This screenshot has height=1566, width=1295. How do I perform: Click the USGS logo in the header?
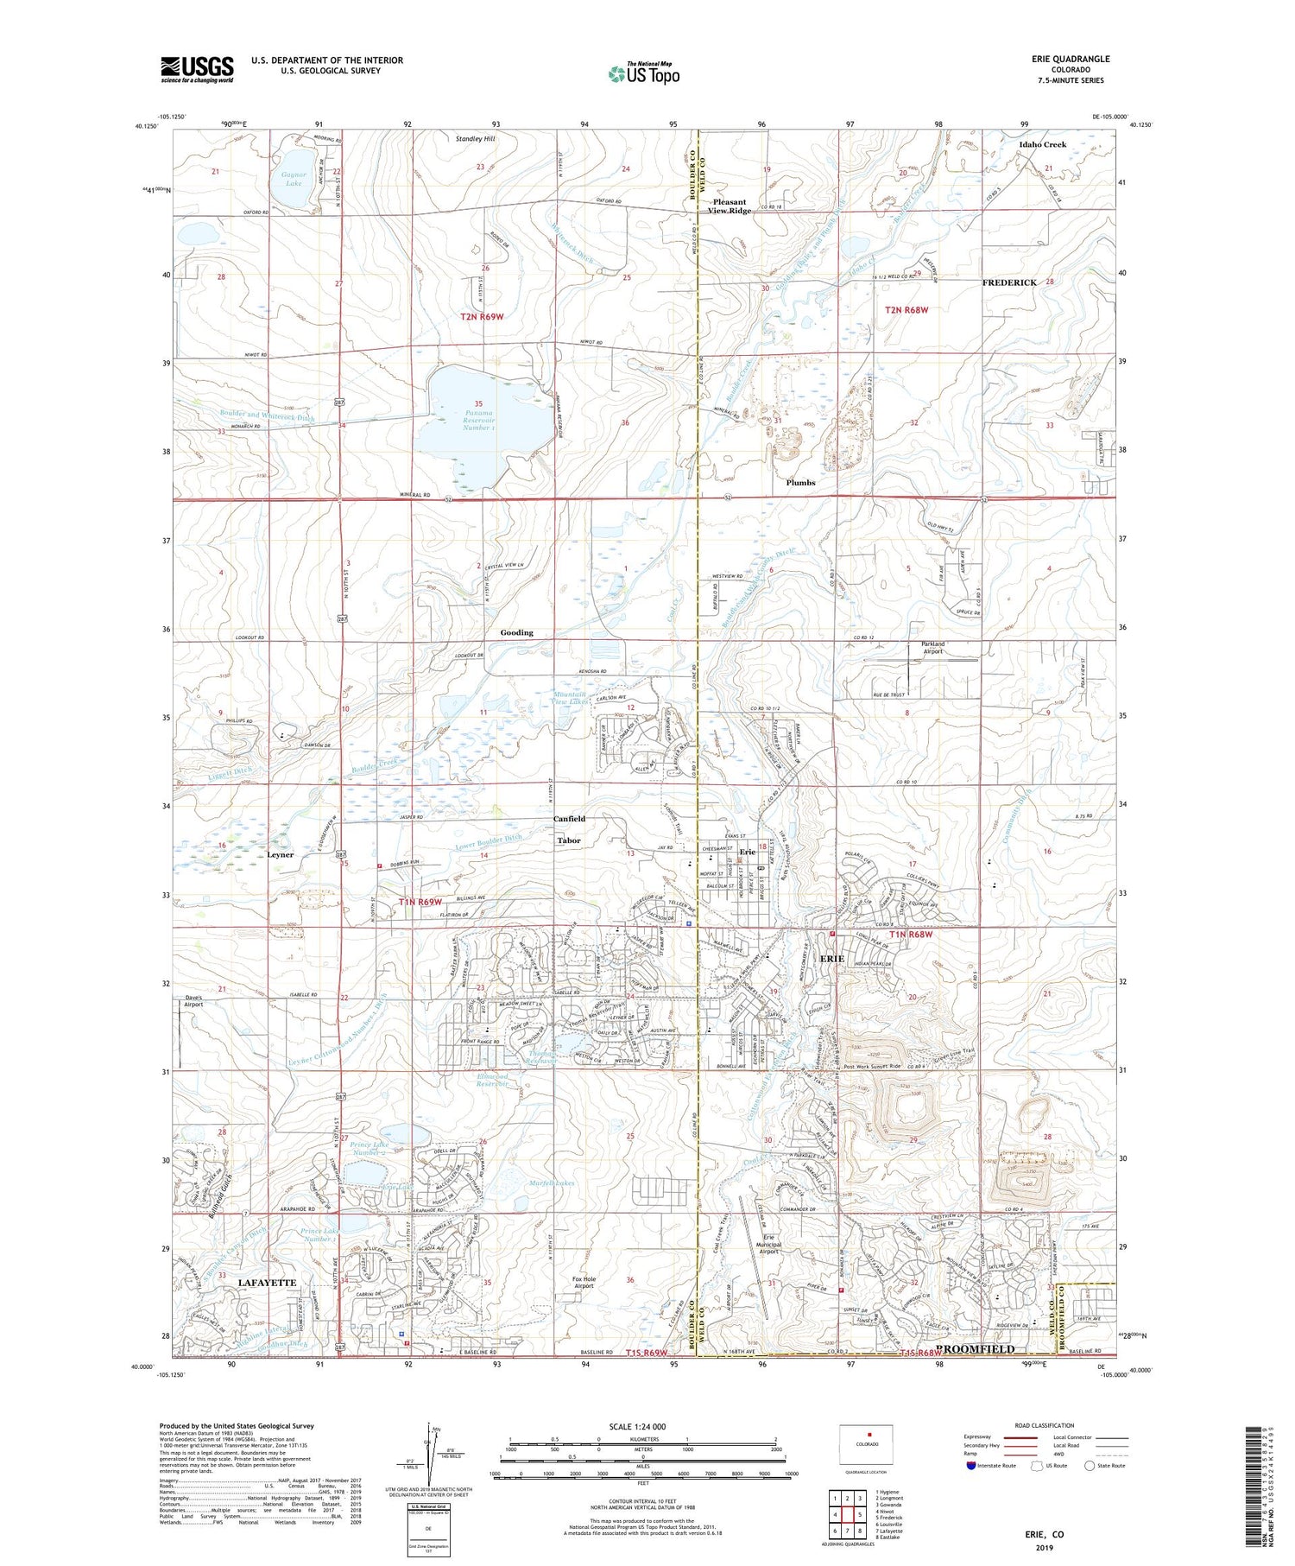(197, 69)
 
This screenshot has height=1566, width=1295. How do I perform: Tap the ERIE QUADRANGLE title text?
(1071, 59)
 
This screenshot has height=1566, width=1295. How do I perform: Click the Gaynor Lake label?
(294, 179)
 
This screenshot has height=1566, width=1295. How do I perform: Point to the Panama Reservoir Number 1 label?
(478, 415)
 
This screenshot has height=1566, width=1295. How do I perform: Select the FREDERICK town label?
(1009, 282)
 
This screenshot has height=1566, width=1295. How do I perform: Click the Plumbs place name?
(800, 483)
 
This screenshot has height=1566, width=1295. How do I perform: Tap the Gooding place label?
(516, 632)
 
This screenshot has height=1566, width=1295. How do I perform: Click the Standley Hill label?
(476, 138)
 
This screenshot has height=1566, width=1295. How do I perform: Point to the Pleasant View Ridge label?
(730, 206)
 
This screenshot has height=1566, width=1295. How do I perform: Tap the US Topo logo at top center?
(643, 74)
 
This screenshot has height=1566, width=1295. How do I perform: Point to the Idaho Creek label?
(1042, 144)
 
